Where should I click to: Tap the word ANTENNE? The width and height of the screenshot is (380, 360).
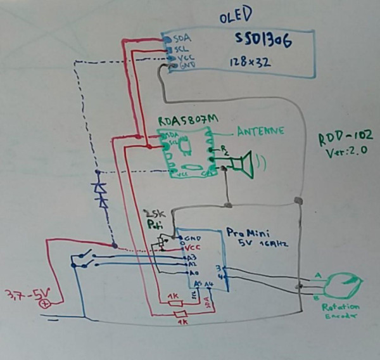coord(260,132)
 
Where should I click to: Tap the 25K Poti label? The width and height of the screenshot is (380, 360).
coord(155,219)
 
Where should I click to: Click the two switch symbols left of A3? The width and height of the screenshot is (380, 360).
coord(85,259)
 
